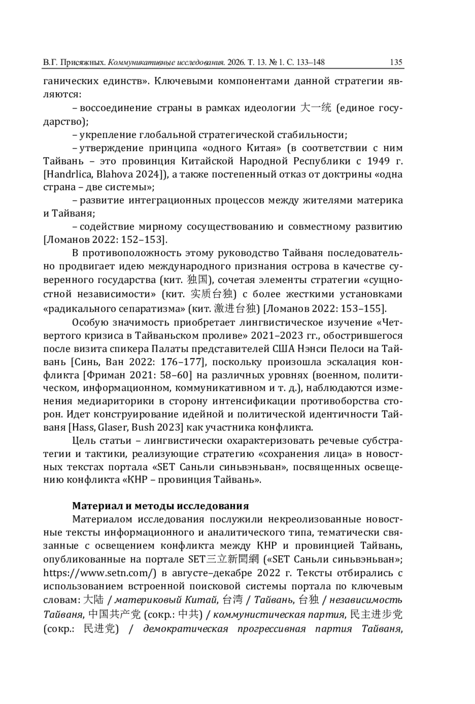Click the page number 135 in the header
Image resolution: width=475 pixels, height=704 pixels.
[396, 62]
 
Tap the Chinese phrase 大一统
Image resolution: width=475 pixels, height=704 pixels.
[315, 108]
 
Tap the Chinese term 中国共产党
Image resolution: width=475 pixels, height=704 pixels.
[114, 614]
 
